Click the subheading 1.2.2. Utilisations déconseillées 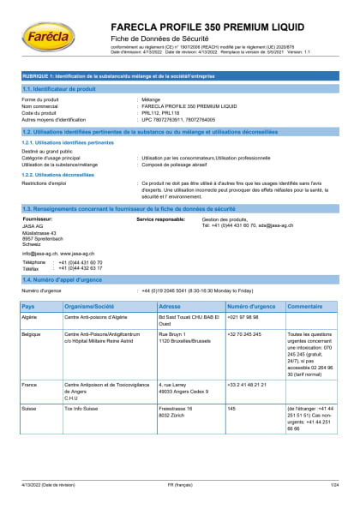[57, 174]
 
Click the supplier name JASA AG [33, 225]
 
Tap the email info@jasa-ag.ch [39, 253]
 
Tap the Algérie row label [32, 317]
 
